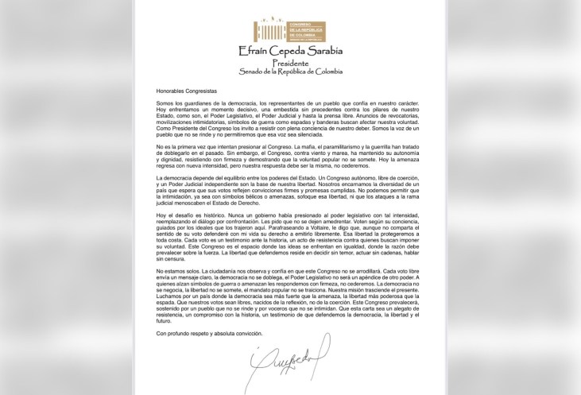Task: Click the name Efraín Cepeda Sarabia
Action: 290,52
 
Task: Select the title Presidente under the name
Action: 290,63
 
